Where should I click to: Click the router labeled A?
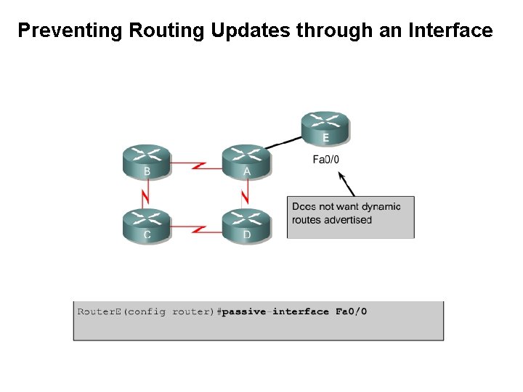246,161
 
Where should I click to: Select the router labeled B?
147,161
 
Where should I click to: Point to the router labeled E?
325,128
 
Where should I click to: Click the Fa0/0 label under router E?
325,160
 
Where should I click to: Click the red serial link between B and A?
197,166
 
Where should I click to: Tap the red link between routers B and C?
146,193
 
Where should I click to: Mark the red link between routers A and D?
246,193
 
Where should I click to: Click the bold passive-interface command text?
275,311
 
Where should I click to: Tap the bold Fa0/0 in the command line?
351,311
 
